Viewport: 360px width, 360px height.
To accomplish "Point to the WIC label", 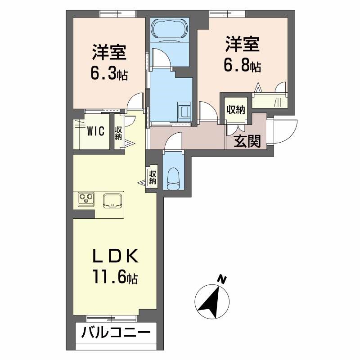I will tap(96, 131).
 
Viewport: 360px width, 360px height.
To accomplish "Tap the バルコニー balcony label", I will tap(116, 334).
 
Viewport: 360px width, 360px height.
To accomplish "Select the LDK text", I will tap(114, 257).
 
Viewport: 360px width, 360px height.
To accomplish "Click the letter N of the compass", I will tap(221, 279).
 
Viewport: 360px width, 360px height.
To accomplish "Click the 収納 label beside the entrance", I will tap(235, 109).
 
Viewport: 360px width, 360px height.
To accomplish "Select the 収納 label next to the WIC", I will tap(118, 133).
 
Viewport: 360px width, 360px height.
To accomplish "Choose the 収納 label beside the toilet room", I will tap(153, 177).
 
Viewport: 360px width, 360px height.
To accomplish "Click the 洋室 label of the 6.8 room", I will tap(243, 46).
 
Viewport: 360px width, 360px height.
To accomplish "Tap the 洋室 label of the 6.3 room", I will tap(109, 52).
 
